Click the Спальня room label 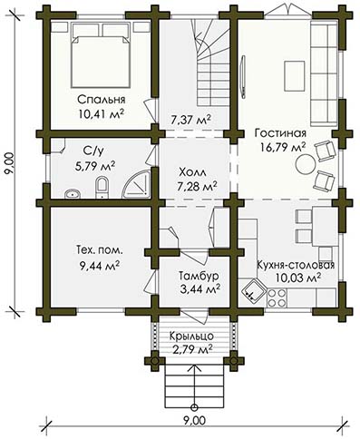pos(102,99)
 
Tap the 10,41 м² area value pos(102,113)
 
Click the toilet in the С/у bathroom pos(102,188)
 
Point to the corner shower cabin pos(138,184)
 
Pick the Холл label pos(192,172)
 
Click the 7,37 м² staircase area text pos(190,121)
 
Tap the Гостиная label pos(280,133)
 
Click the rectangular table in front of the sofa pos(294,76)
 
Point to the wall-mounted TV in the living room pos(243,76)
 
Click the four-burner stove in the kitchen pos(277,298)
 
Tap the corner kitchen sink pos(253,290)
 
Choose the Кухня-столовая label pos(296,265)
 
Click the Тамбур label pos(199,276)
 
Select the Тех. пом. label pos(100,250)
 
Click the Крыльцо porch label pos(191,336)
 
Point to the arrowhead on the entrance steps pos(195,367)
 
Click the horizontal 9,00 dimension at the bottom pos(195,420)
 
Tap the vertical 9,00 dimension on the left pos(10,163)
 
